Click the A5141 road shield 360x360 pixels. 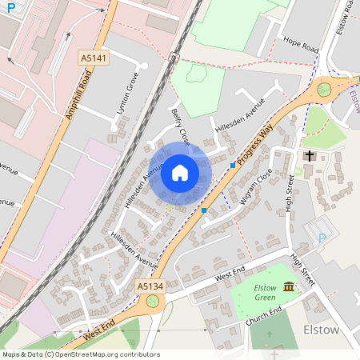[93, 58]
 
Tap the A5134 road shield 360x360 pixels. [150, 286]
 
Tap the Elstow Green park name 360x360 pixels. [265, 292]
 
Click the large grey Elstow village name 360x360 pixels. [322, 330]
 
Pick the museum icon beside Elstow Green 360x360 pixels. [288, 286]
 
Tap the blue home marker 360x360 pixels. [180, 172]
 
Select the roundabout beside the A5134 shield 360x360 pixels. [152, 302]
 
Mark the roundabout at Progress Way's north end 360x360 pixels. [324, 90]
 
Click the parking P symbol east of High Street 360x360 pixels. [322, 238]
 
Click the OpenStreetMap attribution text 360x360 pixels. [80, 354]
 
